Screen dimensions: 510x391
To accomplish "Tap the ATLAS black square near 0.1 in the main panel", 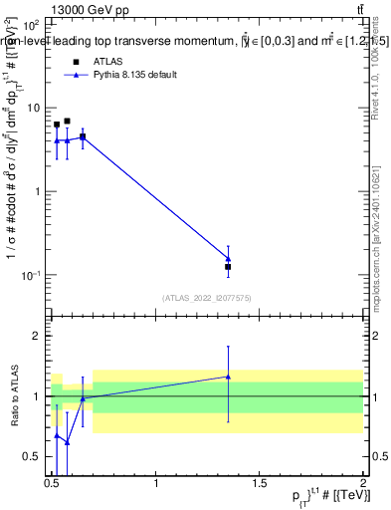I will (x=228, y=267).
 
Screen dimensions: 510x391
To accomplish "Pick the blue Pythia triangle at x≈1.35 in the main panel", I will (x=228, y=259).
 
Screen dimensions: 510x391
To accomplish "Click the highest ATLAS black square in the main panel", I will (x=67, y=122).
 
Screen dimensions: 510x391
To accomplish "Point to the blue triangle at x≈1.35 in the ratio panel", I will (x=228, y=377).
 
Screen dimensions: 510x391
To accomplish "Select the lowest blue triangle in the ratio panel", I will (x=67, y=441).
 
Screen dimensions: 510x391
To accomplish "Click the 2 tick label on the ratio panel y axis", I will (x=41, y=336).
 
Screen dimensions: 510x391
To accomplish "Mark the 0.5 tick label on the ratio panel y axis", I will (x=36, y=456).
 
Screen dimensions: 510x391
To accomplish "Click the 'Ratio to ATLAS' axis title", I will (x=13, y=395).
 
